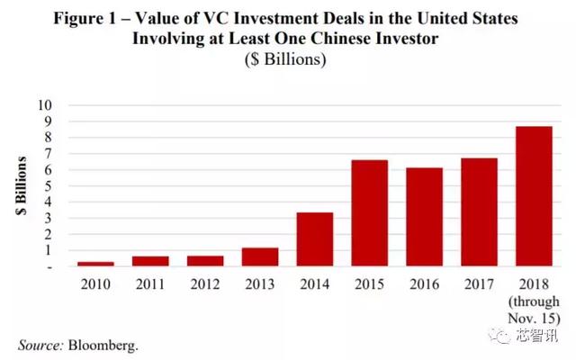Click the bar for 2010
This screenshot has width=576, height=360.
click(94, 264)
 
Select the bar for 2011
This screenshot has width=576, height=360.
click(149, 261)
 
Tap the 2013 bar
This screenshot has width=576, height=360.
click(259, 256)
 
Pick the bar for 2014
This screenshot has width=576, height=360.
click(314, 239)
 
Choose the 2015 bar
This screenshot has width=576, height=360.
click(369, 213)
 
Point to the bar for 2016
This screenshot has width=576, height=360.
click(424, 217)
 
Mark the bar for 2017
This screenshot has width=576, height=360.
click(479, 212)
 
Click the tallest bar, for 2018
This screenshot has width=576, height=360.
click(534, 196)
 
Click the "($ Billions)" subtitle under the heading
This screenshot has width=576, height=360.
click(286, 61)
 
